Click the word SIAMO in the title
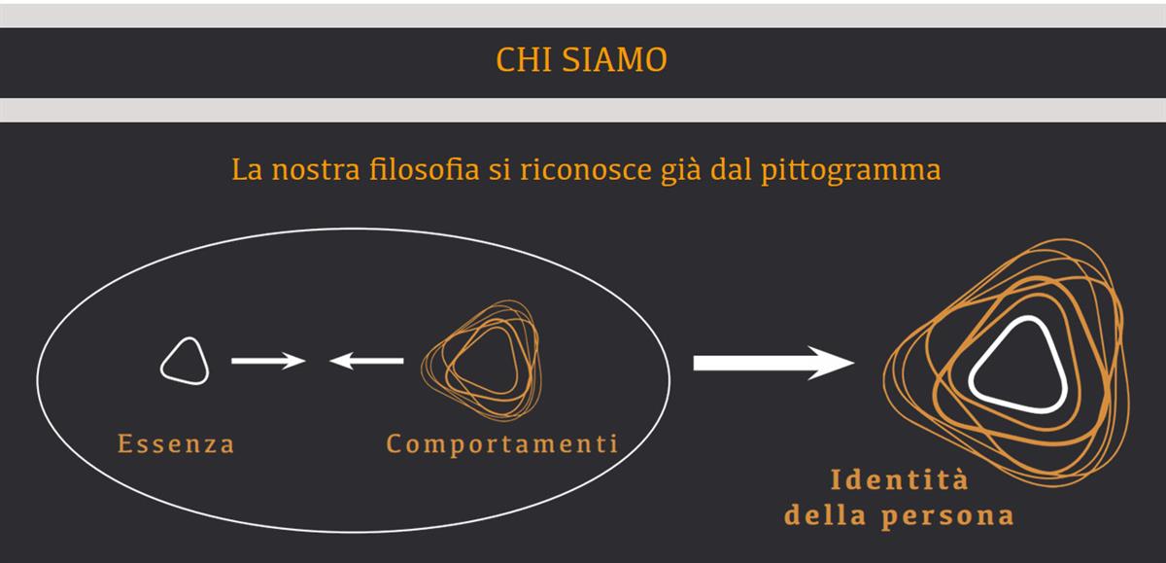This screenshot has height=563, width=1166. pyautogui.click(x=615, y=59)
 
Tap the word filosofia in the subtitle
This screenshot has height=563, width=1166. pyautogui.click(x=424, y=169)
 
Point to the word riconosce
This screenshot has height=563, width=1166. pyautogui.click(x=586, y=169)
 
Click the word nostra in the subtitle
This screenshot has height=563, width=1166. pyautogui.click(x=316, y=171)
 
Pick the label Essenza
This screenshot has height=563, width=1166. pyautogui.click(x=176, y=443)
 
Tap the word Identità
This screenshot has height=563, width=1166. pyautogui.click(x=900, y=479)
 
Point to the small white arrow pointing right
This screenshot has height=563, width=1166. pyautogui.click(x=268, y=361)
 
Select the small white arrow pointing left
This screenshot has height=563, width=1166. pyautogui.click(x=366, y=361)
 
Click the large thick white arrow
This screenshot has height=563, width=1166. pyautogui.click(x=773, y=363)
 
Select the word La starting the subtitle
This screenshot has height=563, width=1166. pyautogui.click(x=247, y=170)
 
